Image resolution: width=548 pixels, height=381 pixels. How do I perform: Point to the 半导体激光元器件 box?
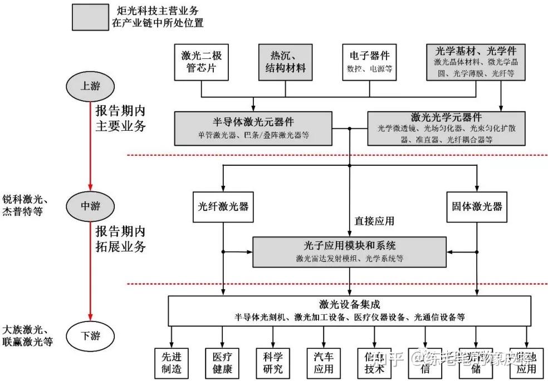click(253, 127)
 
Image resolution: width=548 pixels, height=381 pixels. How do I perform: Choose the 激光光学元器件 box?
click(446, 127)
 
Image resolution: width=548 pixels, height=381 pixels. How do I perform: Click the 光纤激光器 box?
click(223, 206)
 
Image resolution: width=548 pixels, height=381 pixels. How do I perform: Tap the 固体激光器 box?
click(477, 206)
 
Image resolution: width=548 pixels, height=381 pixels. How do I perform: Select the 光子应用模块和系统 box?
click(350, 251)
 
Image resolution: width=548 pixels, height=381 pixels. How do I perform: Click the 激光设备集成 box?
click(349, 310)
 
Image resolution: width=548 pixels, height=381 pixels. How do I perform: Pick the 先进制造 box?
click(172, 362)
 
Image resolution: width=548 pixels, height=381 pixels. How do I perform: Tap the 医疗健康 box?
click(222, 362)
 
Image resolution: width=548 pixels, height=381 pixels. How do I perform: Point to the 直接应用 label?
click(374, 220)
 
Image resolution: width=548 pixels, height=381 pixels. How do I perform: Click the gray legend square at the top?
click(90, 17)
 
